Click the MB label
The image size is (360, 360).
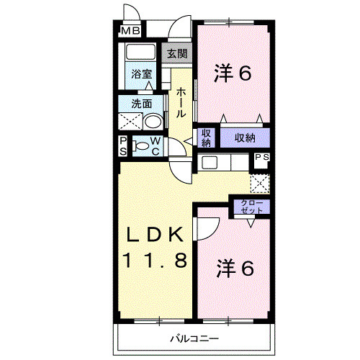click(130, 31)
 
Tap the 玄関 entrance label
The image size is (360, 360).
click(178, 53)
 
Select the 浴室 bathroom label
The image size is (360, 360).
click(141, 73)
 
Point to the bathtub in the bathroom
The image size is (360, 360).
click(141, 54)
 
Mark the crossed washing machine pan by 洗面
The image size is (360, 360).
click(131, 121)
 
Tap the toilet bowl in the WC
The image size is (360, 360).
click(143, 145)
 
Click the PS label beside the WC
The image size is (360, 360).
click(123, 145)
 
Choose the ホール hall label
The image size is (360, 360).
click(181, 103)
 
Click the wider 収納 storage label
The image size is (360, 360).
click(246, 136)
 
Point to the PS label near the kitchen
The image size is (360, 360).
click(261, 157)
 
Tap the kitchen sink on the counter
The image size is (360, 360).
click(208, 162)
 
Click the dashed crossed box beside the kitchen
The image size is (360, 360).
click(259, 183)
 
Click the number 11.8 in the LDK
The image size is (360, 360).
click(159, 260)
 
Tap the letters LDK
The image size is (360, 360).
click(159, 235)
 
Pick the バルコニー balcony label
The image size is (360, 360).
click(194, 338)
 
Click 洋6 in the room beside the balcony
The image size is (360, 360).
click(235, 269)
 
